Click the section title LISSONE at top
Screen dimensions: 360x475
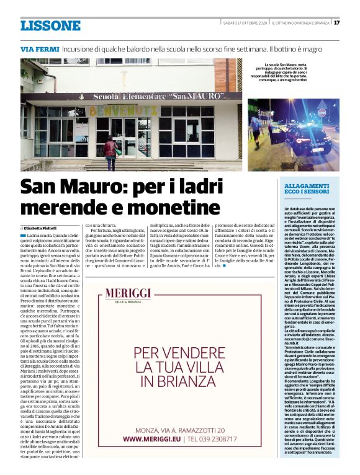(50, 25)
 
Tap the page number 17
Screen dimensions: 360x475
(336, 23)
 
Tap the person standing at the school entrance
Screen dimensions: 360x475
(112, 153)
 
